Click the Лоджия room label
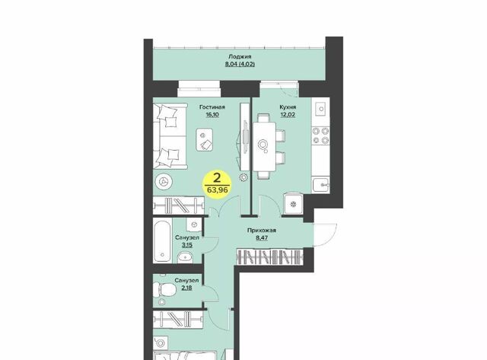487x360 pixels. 240,57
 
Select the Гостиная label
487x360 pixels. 212,107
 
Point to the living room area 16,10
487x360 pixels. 212,115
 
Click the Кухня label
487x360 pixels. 288,107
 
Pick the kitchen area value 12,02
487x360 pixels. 288,115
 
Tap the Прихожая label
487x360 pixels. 262,231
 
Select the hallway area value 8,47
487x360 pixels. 262,238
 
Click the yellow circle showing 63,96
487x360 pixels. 217,184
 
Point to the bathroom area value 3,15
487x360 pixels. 187,245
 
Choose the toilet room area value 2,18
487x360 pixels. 186,288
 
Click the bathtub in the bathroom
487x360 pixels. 162,241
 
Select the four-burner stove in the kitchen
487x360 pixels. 320,135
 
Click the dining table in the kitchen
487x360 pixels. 264,146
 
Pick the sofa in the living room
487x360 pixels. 170,136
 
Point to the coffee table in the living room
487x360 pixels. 205,140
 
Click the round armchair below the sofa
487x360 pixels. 162,181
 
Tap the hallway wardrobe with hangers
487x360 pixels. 269,257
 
